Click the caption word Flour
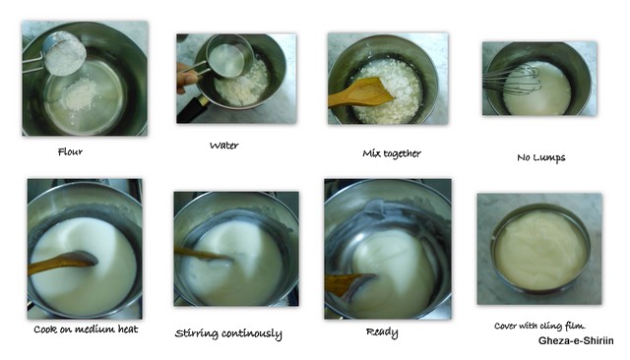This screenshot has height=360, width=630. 70,151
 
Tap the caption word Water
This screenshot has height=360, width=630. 223,146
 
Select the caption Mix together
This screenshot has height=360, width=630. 392,153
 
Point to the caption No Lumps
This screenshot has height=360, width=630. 540,157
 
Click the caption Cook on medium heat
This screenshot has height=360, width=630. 86,330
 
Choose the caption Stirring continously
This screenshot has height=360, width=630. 228,333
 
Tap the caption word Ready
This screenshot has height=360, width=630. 382,332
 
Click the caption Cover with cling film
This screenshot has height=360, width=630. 539,326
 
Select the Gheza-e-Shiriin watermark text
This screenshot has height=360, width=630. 576,340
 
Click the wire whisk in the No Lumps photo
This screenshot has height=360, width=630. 512,81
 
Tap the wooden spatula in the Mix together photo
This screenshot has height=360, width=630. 360,93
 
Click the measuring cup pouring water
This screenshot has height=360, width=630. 226,57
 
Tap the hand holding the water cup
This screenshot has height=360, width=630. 186,78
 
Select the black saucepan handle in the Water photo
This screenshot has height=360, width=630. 193,108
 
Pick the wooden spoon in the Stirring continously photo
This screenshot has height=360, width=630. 201,254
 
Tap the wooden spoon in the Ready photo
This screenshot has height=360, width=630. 346,283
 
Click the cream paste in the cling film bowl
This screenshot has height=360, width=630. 540,251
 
